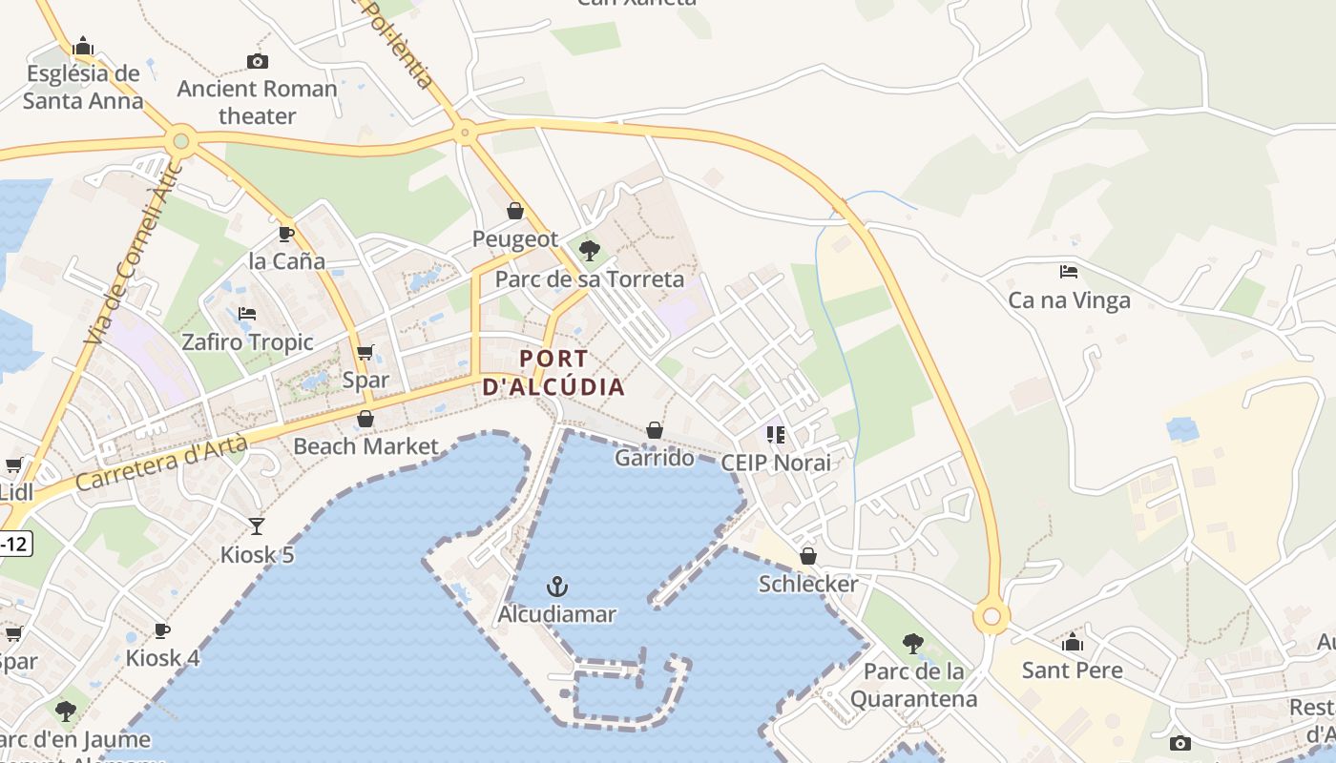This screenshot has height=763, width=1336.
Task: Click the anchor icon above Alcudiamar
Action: click(x=557, y=586)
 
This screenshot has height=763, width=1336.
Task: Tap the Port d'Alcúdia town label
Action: click(x=554, y=373)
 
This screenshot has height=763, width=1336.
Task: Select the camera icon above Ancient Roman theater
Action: click(x=257, y=62)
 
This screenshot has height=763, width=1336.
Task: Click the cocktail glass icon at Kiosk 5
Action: click(x=257, y=526)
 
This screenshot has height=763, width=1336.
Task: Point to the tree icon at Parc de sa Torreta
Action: click(x=590, y=251)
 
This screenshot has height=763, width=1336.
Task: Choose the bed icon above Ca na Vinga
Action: click(x=1069, y=272)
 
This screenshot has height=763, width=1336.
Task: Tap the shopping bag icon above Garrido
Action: click(x=655, y=431)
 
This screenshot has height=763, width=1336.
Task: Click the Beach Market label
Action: click(x=365, y=445)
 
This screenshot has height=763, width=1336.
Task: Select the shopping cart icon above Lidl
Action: click(x=13, y=465)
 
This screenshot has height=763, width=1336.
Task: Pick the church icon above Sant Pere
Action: click(x=1073, y=642)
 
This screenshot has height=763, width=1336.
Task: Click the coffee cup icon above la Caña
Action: click(x=285, y=234)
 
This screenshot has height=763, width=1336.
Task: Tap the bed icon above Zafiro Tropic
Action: click(x=247, y=314)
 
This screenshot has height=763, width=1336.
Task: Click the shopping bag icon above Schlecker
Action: click(x=808, y=556)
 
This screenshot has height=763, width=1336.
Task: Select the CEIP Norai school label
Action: click(x=776, y=463)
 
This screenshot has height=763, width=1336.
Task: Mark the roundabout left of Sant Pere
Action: click(x=992, y=617)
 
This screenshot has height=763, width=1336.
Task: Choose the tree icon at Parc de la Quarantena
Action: click(x=913, y=644)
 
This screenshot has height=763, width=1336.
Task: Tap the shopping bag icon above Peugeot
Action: click(x=515, y=211)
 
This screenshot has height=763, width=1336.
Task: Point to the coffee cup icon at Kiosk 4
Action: click(x=162, y=630)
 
